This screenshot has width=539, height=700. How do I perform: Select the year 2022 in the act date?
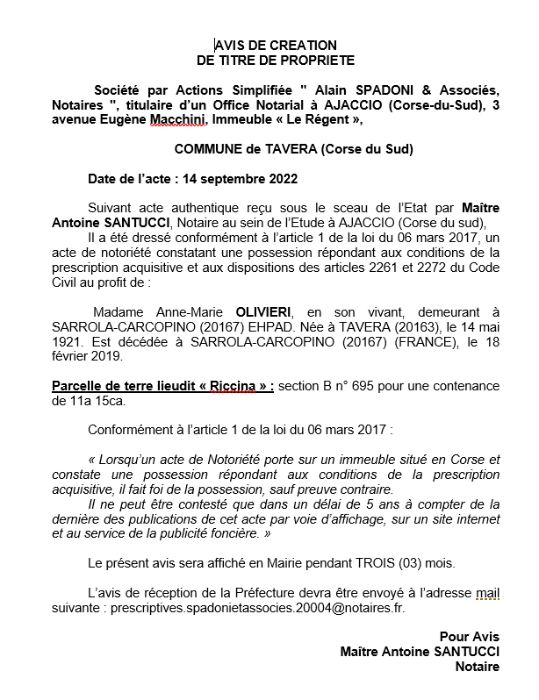pyautogui.click(x=281, y=179)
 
